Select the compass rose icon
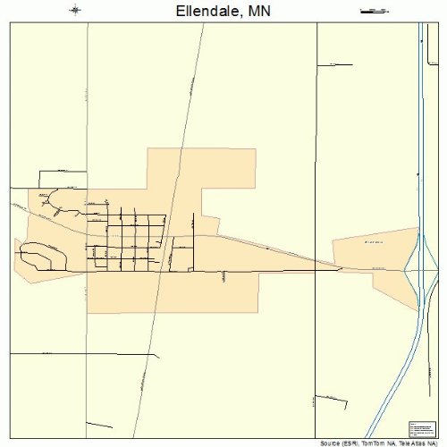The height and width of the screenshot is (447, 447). pyautogui.click(x=75, y=11)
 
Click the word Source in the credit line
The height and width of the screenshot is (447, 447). pyautogui.click(x=329, y=443)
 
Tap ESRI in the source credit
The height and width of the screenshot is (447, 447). pyautogui.click(x=347, y=443)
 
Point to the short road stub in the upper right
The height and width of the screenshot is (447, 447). pyautogui.click(x=338, y=63)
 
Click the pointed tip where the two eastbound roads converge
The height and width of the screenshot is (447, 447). pyautogui.click(x=342, y=266)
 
